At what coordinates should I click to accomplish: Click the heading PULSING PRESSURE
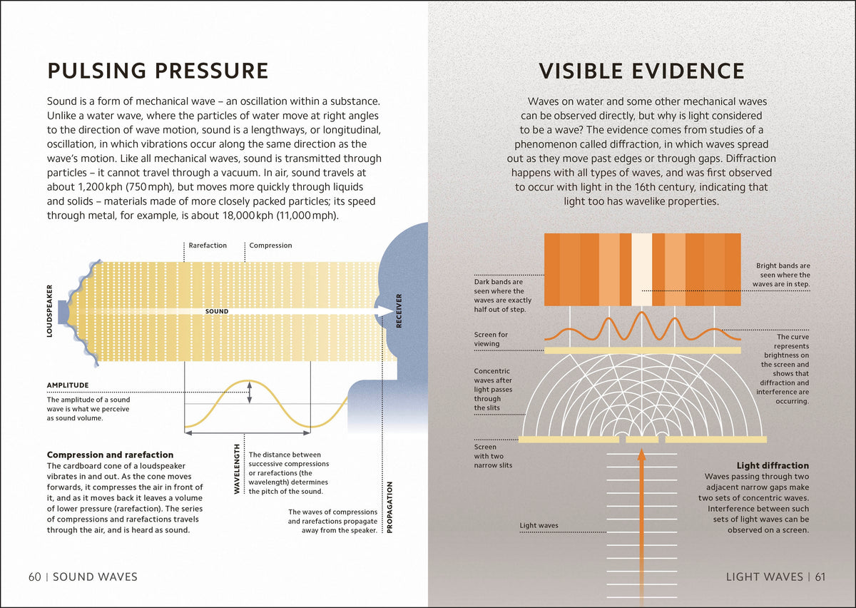(x=158, y=71)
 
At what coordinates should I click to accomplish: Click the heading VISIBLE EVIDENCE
(x=641, y=71)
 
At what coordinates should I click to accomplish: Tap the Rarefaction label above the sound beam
(x=208, y=245)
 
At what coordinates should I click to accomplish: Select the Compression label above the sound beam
(x=270, y=245)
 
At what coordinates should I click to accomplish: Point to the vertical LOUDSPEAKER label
(x=49, y=311)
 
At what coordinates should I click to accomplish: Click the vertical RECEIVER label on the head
(x=399, y=311)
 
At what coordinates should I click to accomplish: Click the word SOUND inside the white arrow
(x=217, y=311)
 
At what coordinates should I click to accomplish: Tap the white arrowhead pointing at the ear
(x=384, y=311)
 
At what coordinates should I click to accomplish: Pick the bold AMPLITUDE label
(x=68, y=385)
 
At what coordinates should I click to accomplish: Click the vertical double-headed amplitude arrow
(x=250, y=392)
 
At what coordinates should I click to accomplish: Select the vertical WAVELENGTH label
(x=237, y=469)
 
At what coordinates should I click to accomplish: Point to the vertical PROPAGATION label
(x=389, y=507)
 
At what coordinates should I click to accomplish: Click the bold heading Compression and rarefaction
(x=110, y=455)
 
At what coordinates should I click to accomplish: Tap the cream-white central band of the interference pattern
(x=641, y=270)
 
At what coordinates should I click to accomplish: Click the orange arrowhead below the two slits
(x=641, y=455)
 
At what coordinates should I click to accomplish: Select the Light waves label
(x=539, y=525)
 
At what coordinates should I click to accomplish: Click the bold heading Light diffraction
(x=773, y=465)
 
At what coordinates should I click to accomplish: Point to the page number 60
(x=35, y=577)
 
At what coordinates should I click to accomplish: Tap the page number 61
(x=820, y=577)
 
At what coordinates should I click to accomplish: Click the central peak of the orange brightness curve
(x=641, y=313)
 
